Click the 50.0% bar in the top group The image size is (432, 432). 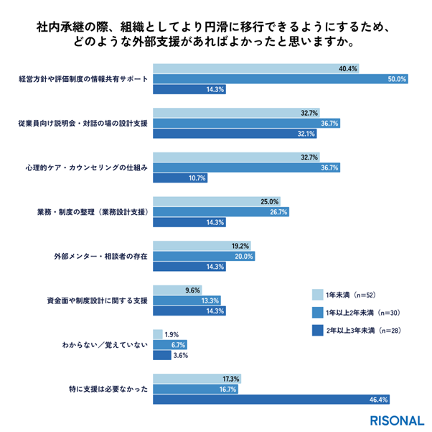coord(281,79)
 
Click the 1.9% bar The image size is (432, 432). coord(156,334)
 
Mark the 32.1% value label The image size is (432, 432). coord(306,134)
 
